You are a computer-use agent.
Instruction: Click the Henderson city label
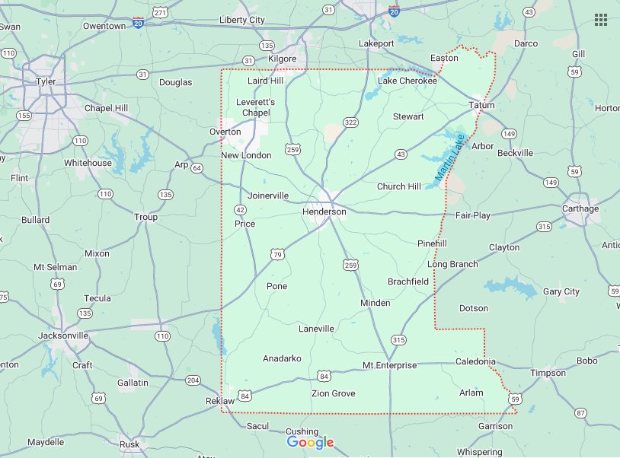point(324,212)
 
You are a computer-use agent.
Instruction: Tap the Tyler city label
point(46,81)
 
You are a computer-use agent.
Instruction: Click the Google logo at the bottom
point(310,443)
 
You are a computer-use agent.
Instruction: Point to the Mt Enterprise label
point(389,365)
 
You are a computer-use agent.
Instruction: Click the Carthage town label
point(580,208)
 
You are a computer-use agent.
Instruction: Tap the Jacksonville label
point(63,335)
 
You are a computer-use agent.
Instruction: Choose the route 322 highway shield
point(350,122)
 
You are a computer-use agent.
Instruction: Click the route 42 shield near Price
point(241,209)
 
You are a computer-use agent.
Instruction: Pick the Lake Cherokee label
point(407,81)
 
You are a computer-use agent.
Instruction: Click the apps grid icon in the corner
point(601,19)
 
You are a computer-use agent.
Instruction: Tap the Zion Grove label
point(333,393)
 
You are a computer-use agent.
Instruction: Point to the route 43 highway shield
point(401,154)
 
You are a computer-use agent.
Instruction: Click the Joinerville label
point(268,196)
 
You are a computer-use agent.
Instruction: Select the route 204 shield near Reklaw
point(193,380)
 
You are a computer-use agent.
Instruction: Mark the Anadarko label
point(282,358)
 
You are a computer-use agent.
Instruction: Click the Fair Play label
point(473,215)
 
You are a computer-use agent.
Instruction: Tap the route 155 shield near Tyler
point(24,116)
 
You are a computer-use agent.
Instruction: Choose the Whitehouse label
point(88,163)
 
